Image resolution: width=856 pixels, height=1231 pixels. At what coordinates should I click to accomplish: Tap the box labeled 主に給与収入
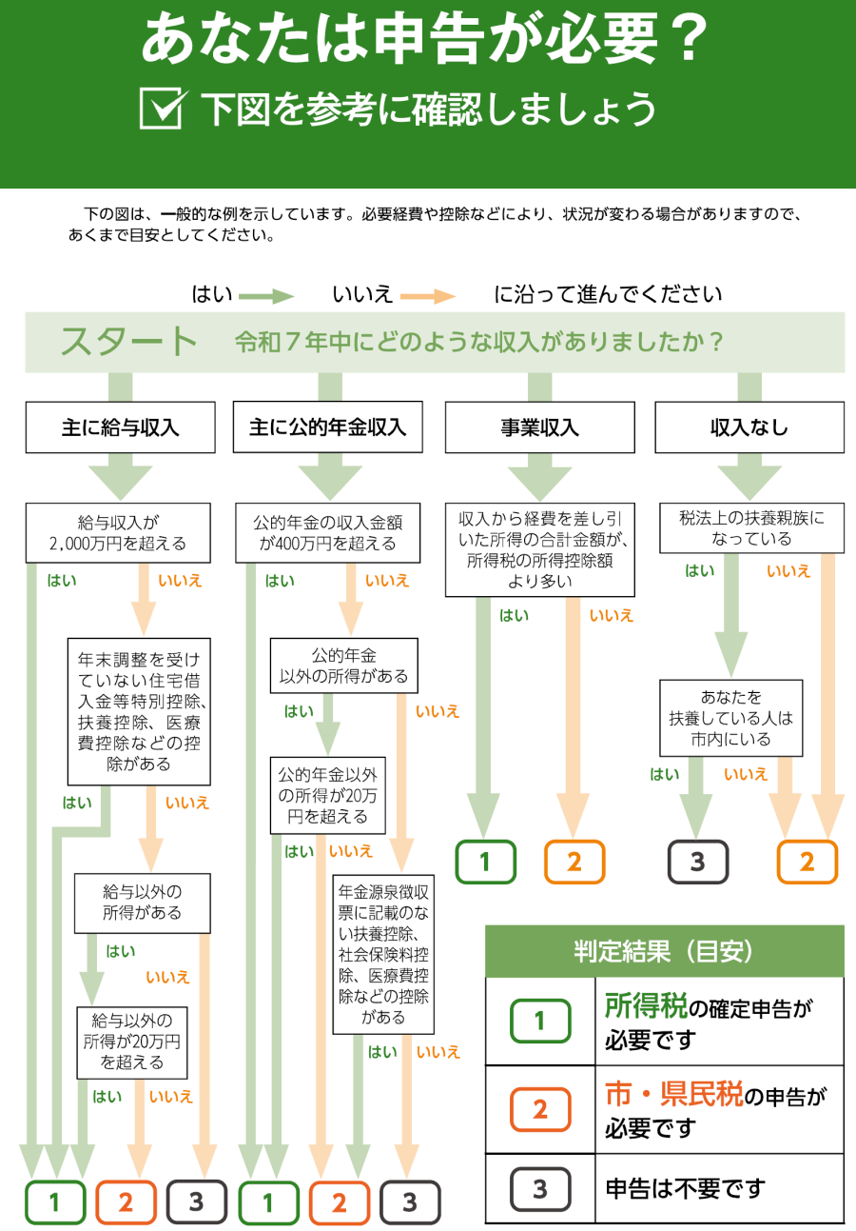(121, 427)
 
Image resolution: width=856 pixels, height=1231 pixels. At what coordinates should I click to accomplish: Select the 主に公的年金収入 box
(328, 427)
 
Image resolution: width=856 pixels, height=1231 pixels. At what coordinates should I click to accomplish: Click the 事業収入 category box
(539, 427)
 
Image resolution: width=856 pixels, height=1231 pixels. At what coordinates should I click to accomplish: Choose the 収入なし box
(749, 427)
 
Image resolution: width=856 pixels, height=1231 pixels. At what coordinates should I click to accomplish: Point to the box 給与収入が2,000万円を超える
(118, 533)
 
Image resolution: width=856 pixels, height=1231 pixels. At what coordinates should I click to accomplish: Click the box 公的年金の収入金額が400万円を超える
(328, 533)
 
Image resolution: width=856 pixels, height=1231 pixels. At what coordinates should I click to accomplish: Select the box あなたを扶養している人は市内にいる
(731, 718)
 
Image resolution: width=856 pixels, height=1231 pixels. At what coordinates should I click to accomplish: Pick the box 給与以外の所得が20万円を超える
(132, 1042)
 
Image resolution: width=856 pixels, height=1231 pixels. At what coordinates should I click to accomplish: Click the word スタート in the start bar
(129, 341)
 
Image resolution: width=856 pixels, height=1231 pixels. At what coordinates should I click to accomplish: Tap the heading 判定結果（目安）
(664, 950)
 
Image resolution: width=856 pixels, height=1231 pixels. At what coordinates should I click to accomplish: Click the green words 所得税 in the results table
(645, 1005)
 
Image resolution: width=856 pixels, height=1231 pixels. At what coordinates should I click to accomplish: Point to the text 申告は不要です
(685, 1188)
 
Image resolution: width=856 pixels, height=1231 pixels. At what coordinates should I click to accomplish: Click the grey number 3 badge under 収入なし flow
(697, 863)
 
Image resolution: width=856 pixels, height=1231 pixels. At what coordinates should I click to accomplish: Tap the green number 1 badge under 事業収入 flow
(485, 863)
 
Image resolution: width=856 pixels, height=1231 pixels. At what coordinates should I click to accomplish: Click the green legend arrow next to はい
(266, 296)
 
